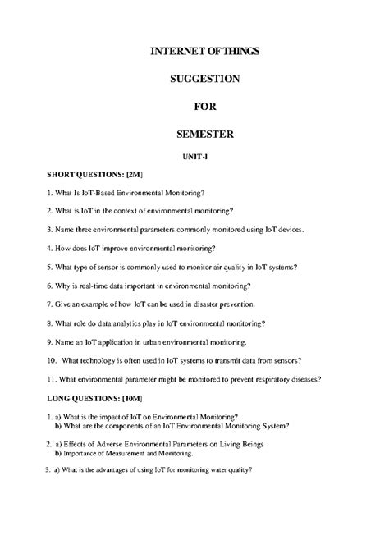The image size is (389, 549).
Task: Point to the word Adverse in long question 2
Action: (x=98, y=444)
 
